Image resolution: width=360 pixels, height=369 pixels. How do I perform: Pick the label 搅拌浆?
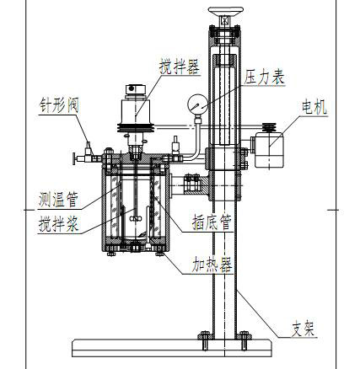61,225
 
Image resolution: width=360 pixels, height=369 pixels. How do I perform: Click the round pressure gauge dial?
199,105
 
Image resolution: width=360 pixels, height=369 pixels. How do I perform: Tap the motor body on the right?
271,151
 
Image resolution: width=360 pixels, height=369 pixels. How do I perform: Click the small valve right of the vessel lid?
176,145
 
